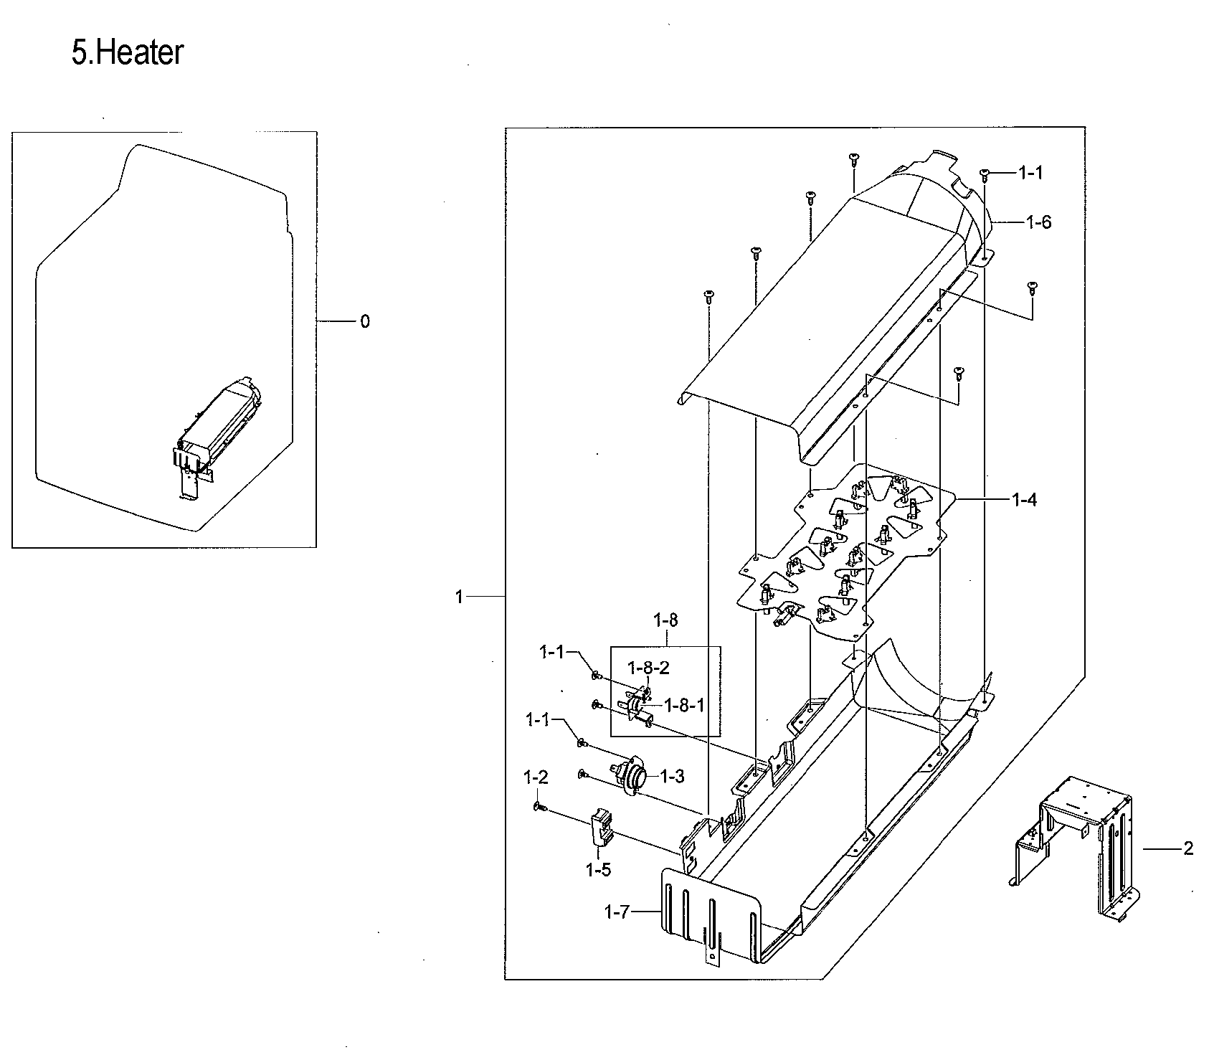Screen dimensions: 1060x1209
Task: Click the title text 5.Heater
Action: pyautogui.click(x=128, y=54)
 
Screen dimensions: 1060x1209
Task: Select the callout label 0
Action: pyautogui.click(x=365, y=322)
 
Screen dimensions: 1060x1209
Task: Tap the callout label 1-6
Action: pyautogui.click(x=1038, y=222)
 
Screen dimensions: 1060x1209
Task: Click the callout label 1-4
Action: pyautogui.click(x=1023, y=500)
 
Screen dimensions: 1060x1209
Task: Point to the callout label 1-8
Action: pyautogui.click(x=665, y=619)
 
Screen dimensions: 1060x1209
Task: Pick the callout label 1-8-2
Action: pyautogui.click(x=648, y=668)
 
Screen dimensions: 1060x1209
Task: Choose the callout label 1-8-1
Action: pyautogui.click(x=685, y=706)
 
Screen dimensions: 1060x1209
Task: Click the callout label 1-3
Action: pyautogui.click(x=671, y=776)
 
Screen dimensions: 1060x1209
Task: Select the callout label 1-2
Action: pyautogui.click(x=536, y=777)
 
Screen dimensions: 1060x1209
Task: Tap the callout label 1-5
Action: pyautogui.click(x=598, y=870)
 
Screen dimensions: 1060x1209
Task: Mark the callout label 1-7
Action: pyautogui.click(x=617, y=912)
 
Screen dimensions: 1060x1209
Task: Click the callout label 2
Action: pyautogui.click(x=1188, y=849)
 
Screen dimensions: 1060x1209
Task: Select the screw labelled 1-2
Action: pyautogui.click(x=540, y=808)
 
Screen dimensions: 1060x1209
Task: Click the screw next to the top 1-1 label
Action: pyautogui.click(x=985, y=173)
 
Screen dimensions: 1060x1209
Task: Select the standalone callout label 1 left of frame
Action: pyautogui.click(x=459, y=597)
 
